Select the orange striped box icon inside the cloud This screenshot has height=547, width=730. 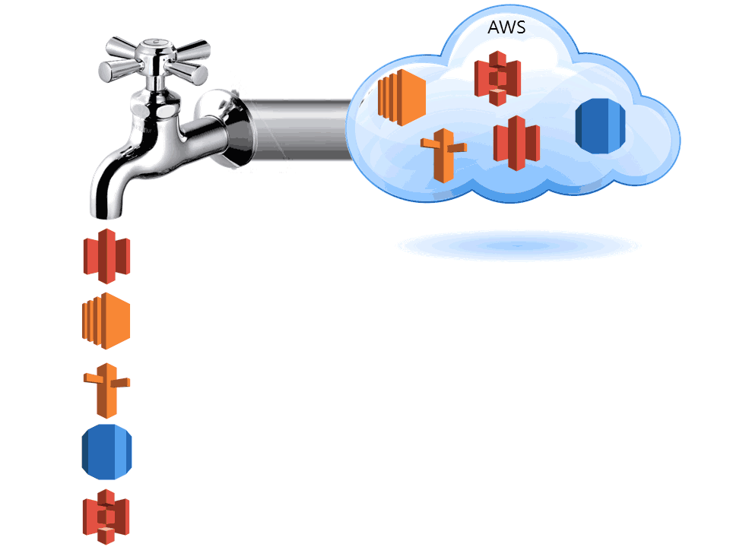coord(401,96)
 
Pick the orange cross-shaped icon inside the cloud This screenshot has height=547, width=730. coord(443,157)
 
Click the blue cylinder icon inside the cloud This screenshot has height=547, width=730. coord(599,125)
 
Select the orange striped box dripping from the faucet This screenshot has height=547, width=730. coord(106,321)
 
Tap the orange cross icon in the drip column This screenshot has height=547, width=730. coord(107,390)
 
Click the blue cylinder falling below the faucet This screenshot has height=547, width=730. coord(106,453)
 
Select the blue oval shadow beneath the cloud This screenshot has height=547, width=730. coord(518,245)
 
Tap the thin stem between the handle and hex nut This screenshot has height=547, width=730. coord(157,79)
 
